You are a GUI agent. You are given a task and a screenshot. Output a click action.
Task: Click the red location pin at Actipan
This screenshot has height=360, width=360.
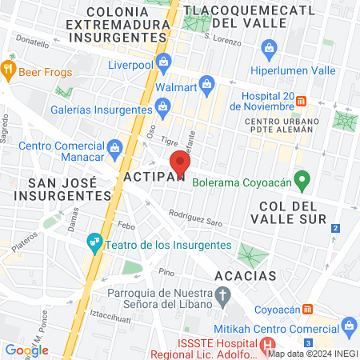pos(181,162)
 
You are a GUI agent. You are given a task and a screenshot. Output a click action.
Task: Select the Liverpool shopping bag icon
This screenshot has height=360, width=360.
pos(165,61)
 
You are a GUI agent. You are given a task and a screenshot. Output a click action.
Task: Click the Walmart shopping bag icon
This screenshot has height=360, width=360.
pos(206,84)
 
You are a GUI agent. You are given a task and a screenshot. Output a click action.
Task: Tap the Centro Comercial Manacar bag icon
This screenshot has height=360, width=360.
pos(114,146)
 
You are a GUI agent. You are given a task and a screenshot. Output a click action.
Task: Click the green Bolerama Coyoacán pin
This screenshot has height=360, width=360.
pos(302,179)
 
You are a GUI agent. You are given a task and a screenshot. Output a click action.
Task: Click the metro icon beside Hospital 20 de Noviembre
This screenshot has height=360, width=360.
pos(302,101)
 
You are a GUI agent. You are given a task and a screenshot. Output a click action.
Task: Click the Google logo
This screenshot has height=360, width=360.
pos(26,350)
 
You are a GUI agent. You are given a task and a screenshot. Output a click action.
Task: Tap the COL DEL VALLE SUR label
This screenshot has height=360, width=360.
pos(292,218)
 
